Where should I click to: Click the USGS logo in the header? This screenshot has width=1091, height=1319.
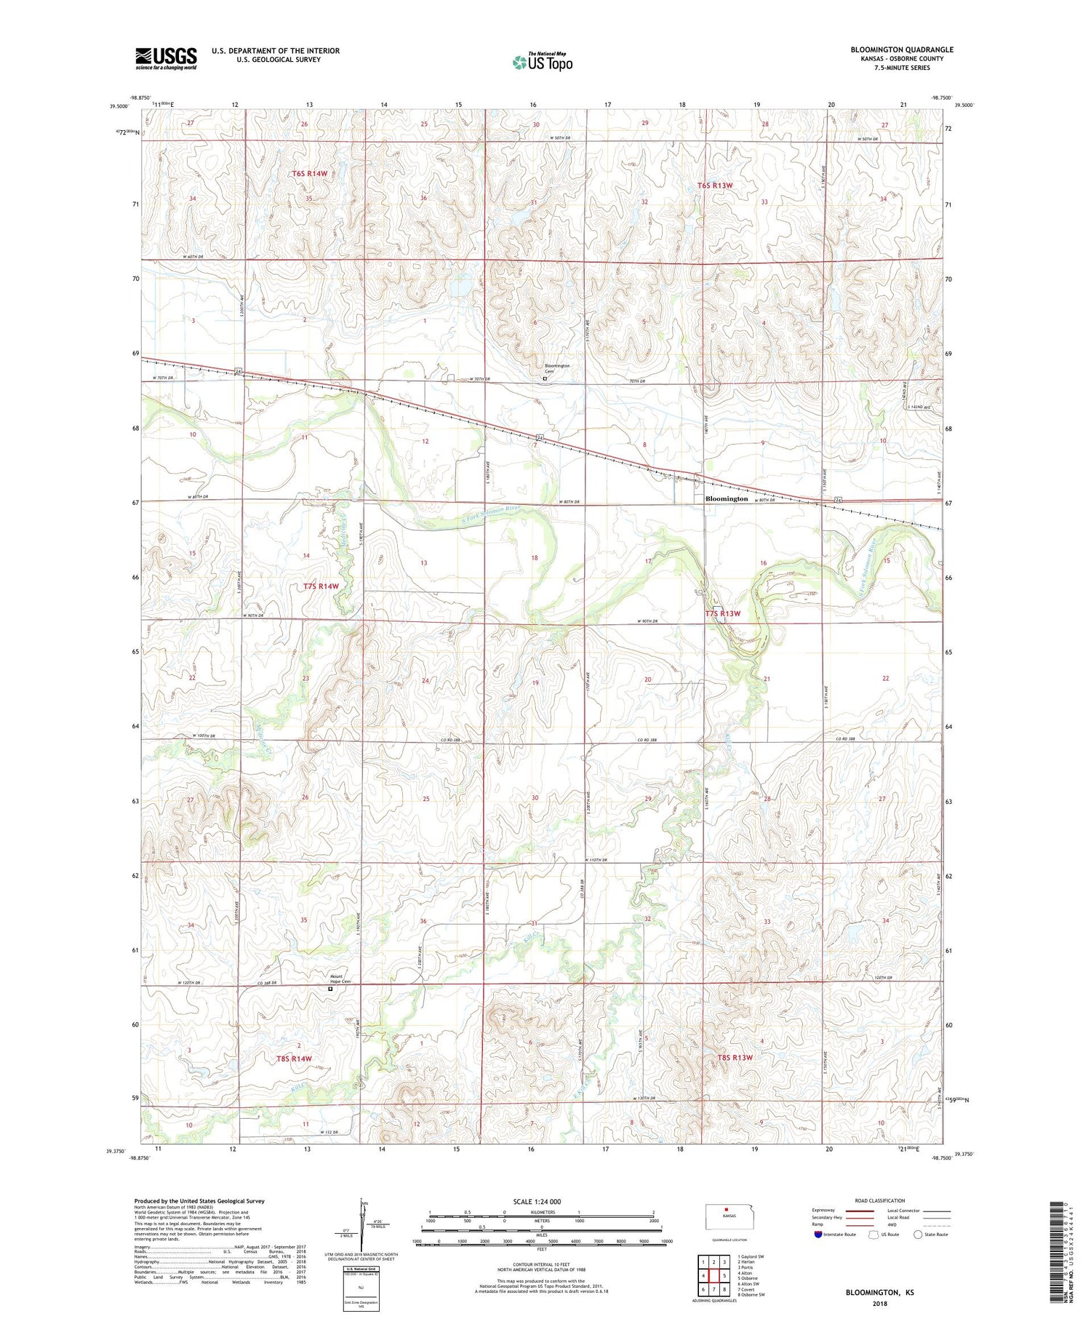[166, 58]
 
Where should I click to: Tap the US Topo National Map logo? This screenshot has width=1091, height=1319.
[542, 63]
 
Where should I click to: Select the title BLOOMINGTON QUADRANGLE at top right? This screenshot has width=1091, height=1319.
[902, 49]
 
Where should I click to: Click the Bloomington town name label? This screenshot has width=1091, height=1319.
[727, 499]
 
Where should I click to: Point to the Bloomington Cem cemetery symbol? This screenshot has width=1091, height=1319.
[544, 378]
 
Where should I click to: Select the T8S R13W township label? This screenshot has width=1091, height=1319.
[735, 1057]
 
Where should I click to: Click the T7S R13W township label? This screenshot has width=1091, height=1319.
[722, 613]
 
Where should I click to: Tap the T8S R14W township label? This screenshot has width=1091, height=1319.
[294, 1058]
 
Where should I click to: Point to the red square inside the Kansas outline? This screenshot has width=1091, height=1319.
[725, 1211]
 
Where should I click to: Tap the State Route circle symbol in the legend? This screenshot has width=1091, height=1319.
[918, 1235]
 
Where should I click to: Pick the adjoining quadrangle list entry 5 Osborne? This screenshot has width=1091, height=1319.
[748, 1278]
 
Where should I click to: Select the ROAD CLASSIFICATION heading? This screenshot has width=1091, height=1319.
[880, 1200]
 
